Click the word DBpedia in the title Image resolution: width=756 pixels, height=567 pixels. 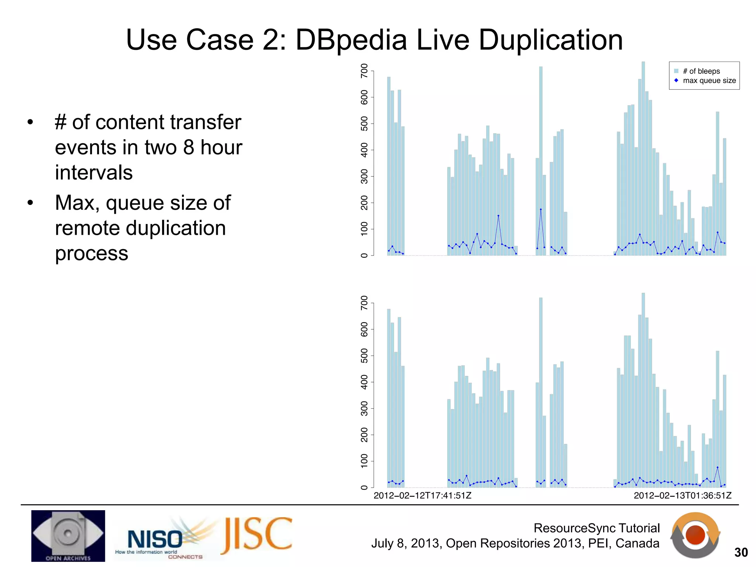coord(351,40)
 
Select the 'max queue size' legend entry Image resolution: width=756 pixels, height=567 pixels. coord(709,80)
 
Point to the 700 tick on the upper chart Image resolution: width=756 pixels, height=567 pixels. coord(364,71)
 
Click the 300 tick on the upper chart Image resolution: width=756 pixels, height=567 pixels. coord(364,176)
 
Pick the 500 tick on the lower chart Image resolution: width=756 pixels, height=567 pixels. coord(364,356)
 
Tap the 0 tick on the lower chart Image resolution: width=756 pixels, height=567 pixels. coord(364,488)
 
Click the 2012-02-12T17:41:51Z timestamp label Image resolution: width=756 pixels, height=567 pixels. coord(422,495)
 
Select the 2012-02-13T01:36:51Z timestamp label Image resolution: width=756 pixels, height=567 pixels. coord(683,495)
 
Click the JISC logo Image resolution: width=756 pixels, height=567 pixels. coord(257,536)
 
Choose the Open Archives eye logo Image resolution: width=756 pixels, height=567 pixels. coord(68,536)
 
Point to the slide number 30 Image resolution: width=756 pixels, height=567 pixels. coord(741,552)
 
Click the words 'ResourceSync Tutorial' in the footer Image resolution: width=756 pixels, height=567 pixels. coord(597,528)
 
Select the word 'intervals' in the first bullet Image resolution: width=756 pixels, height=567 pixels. coord(94,173)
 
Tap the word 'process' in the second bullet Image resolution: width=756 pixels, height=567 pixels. coord(92,254)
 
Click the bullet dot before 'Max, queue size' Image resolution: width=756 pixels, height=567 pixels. coord(30,203)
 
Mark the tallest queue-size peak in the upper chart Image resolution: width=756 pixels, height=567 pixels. coord(541,209)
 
